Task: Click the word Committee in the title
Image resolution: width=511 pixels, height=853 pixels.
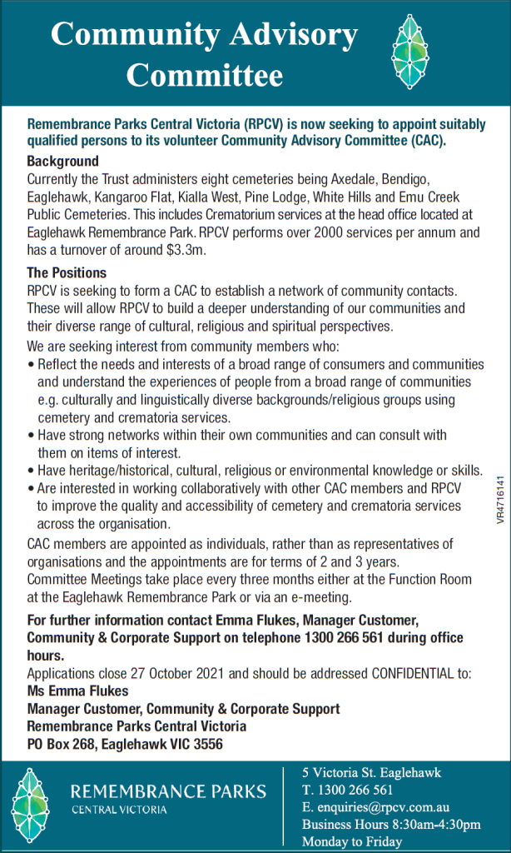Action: point(205,76)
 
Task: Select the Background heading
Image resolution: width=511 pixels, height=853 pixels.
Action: point(62,161)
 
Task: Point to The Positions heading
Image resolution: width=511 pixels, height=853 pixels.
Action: point(66,272)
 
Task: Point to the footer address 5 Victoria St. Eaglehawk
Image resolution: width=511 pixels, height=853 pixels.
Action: point(371,772)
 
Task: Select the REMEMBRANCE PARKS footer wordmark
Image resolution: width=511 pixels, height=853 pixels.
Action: point(169,791)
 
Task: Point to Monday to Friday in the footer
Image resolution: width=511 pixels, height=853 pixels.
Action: point(352,841)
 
